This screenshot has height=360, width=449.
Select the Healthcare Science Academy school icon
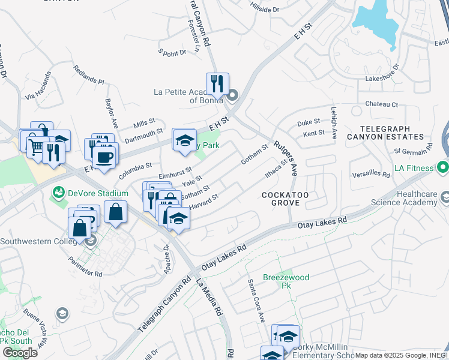pyautogui.click(x=445, y=197)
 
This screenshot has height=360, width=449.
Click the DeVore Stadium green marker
pyautogui.click(x=59, y=193)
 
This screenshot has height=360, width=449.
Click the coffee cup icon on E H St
pyautogui.click(x=105, y=157)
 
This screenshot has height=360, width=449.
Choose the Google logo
pyautogui.click(x=20, y=352)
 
